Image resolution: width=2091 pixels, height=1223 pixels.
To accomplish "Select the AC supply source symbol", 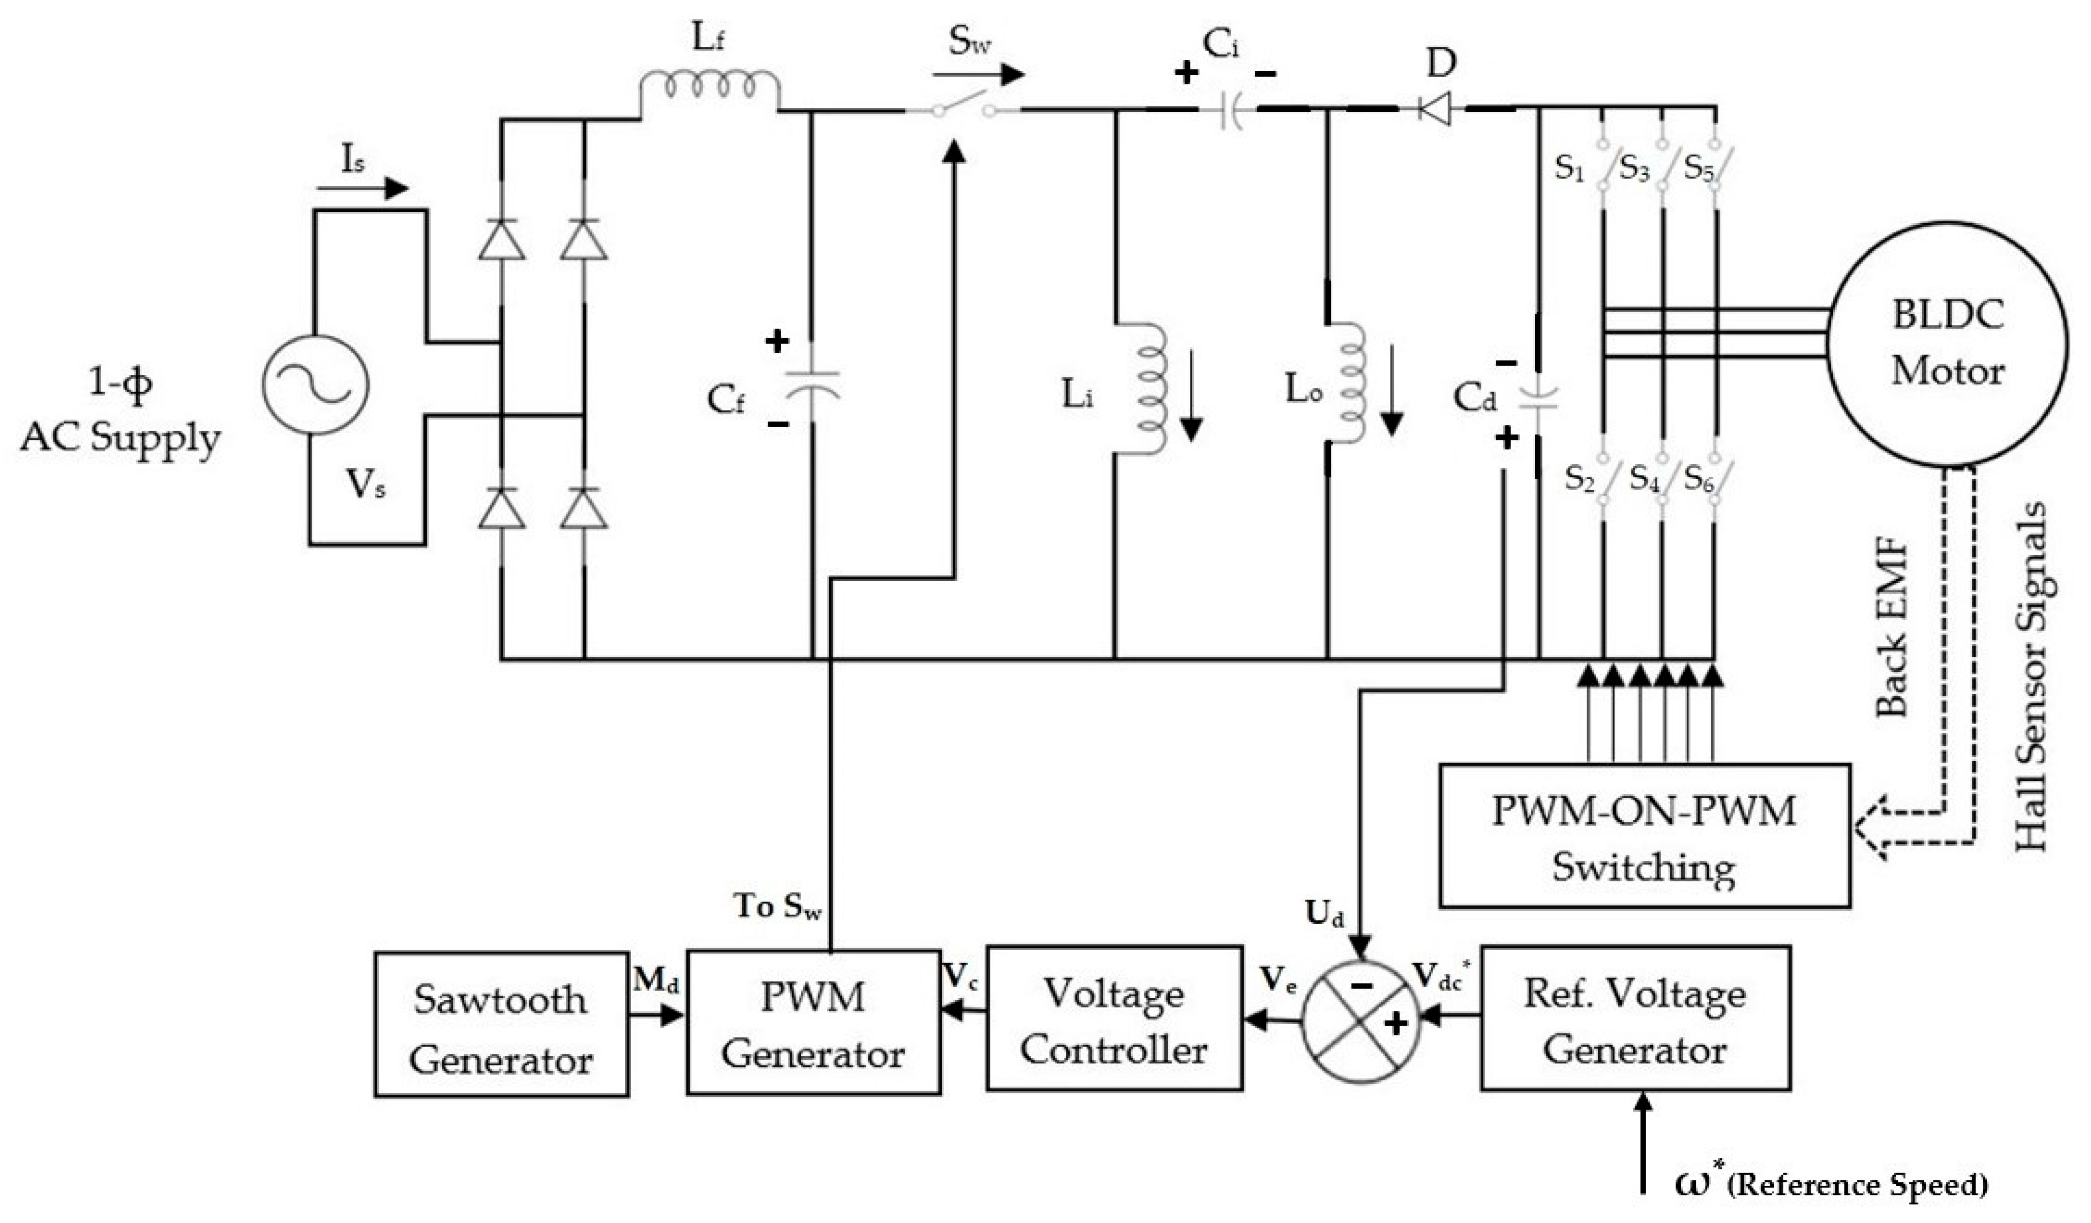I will (x=315, y=386).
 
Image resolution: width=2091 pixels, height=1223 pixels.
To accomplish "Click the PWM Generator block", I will (x=813, y=1024).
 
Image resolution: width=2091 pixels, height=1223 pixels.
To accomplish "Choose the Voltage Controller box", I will (x=1113, y=1020).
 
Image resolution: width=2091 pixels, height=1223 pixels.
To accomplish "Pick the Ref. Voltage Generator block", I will (x=1634, y=1020).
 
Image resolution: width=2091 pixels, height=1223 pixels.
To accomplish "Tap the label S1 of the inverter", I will (x=1569, y=168).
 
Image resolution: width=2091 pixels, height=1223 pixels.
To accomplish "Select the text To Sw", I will (x=777, y=906).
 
